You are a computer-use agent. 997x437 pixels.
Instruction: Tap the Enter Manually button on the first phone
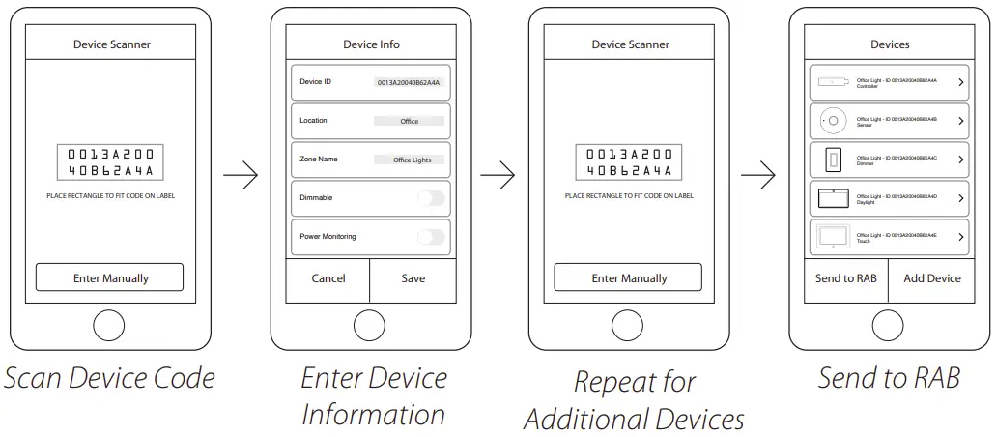[110, 277]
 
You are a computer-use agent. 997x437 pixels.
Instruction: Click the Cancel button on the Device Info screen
[328, 278]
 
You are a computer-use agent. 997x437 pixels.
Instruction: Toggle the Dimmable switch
[431, 198]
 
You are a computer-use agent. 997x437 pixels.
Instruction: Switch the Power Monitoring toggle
[431, 237]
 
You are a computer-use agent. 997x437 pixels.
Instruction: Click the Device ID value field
[408, 83]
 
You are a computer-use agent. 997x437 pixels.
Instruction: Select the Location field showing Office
[409, 121]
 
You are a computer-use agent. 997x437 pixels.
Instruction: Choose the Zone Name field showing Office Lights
[412, 160]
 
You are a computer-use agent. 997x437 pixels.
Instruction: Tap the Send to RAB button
[845, 278]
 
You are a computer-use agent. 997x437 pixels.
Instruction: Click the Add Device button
[931, 278]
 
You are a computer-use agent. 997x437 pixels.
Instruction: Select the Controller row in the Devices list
[889, 83]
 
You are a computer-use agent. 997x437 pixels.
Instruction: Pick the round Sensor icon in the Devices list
[833, 121]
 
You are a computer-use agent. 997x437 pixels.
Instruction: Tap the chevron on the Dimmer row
[960, 160]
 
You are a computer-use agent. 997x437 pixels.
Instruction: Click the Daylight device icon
[833, 198]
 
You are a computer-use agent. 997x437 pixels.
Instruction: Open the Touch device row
[889, 237]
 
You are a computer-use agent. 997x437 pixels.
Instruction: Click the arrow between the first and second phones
[241, 176]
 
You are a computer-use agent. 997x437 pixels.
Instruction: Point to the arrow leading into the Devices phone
[757, 176]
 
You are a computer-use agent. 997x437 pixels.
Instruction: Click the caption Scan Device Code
[109, 377]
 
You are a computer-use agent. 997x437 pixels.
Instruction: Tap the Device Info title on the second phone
[371, 44]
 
